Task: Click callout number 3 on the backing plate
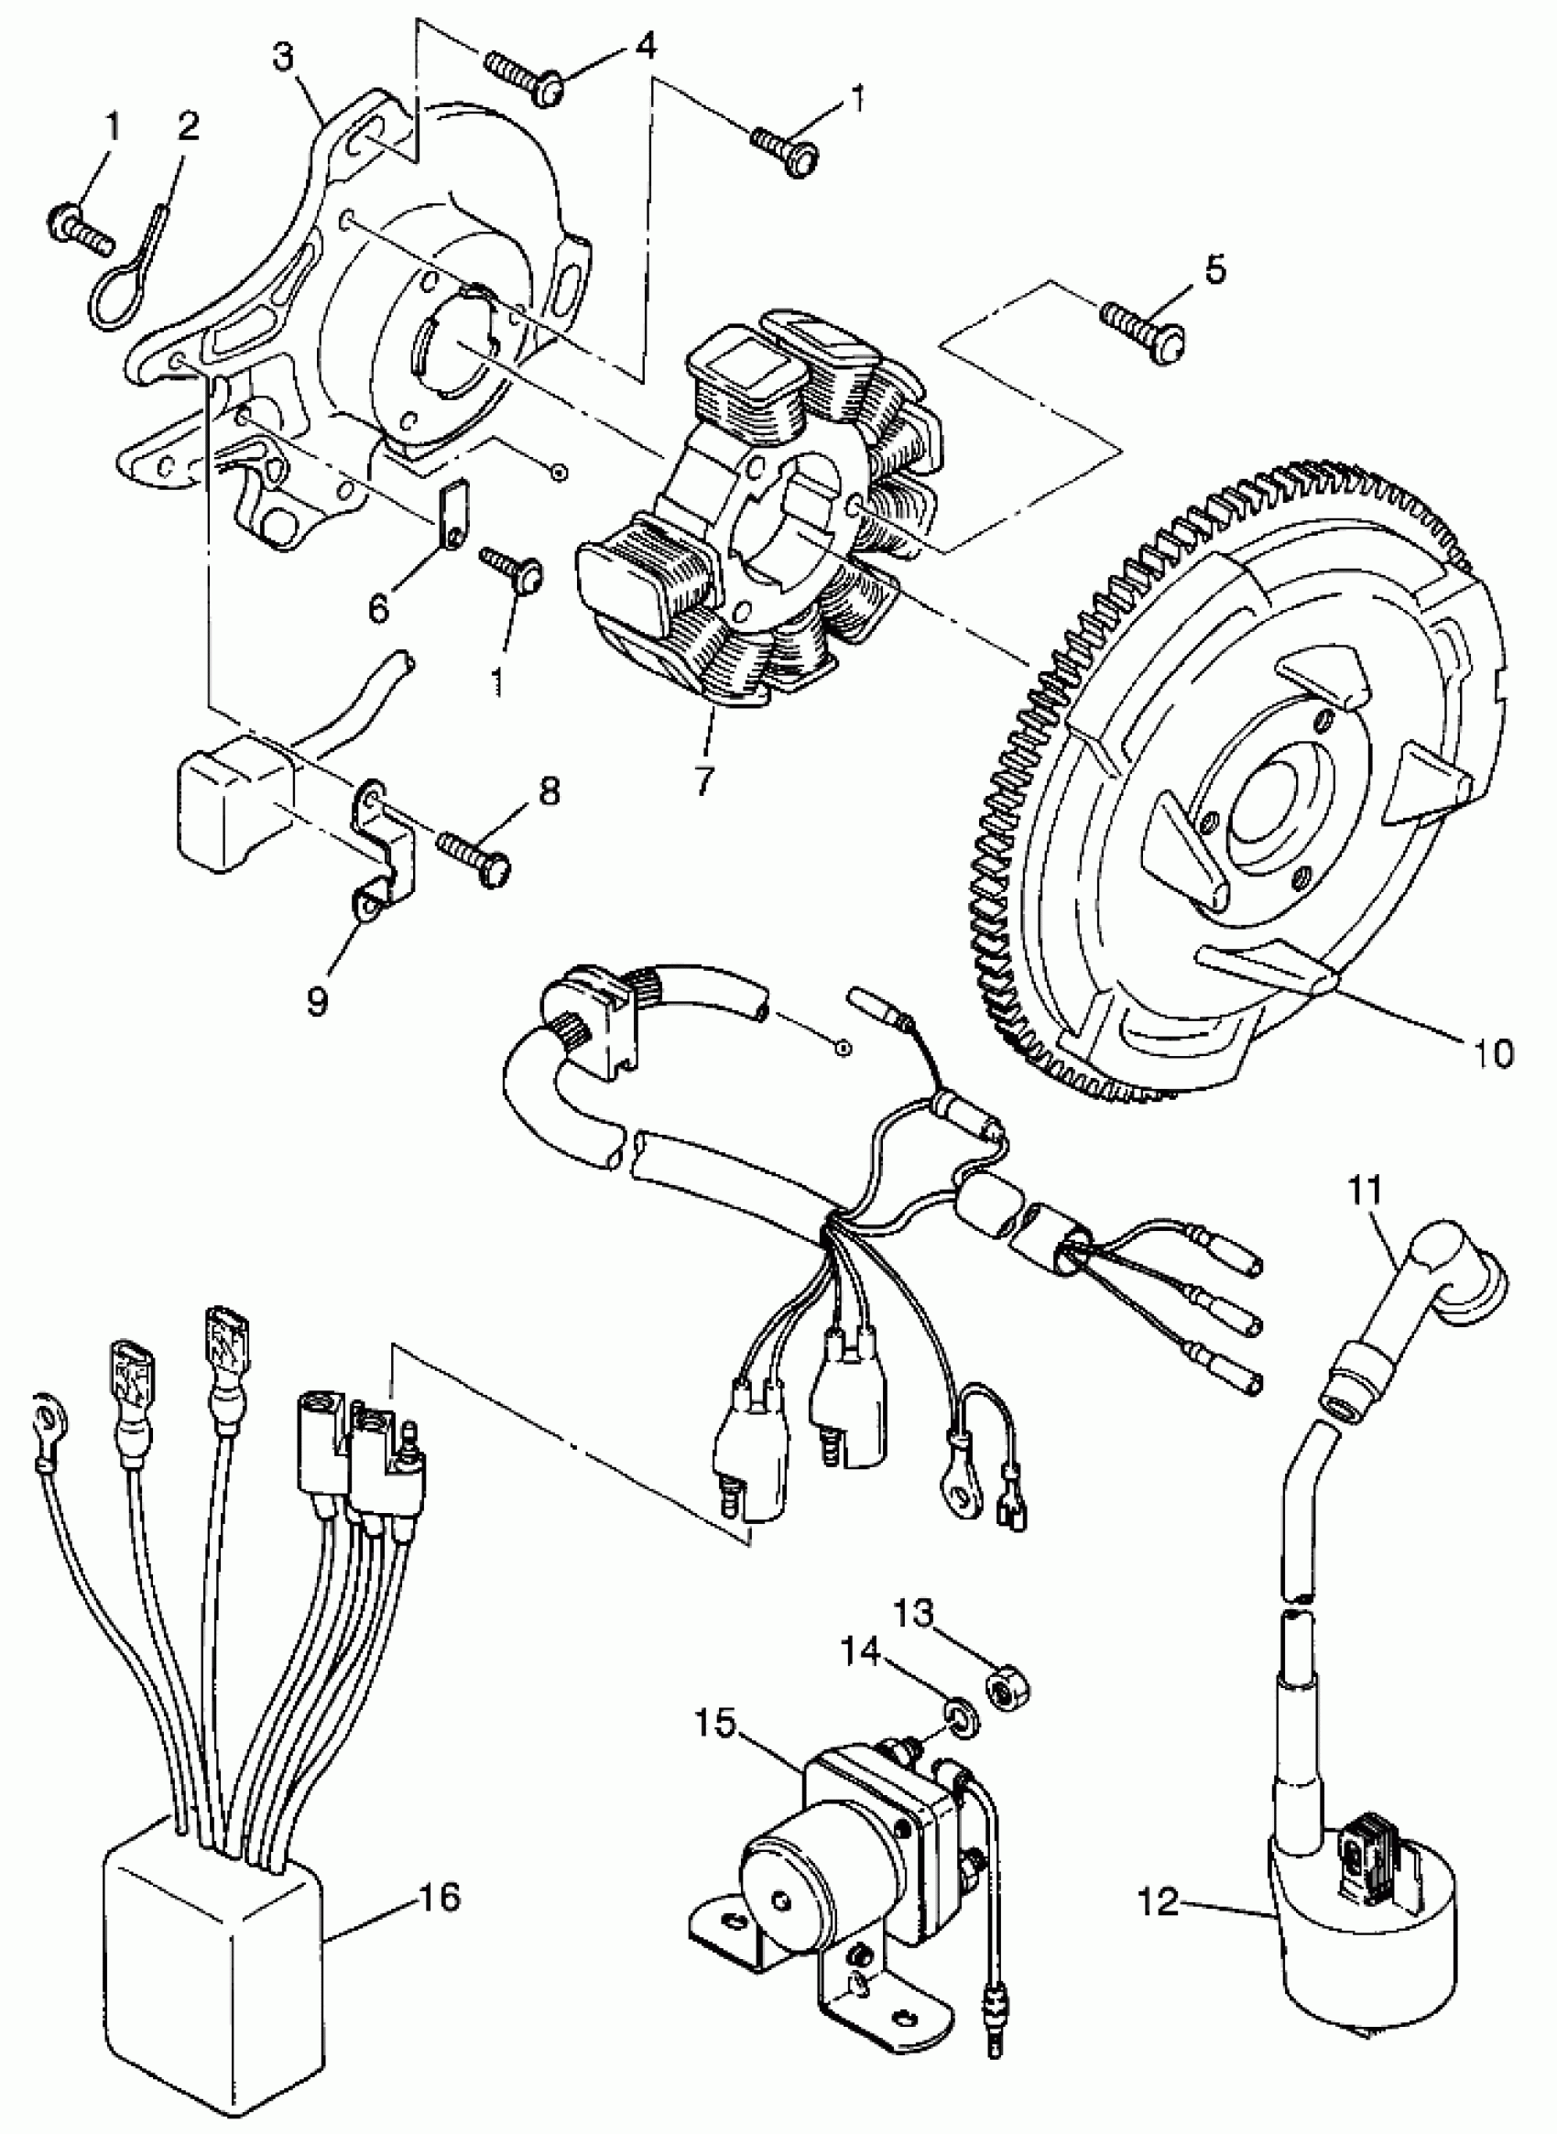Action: [x=285, y=59]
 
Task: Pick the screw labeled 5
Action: [x=1142, y=325]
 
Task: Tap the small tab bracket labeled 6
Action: [x=454, y=514]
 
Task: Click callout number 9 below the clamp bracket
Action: [x=318, y=1001]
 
